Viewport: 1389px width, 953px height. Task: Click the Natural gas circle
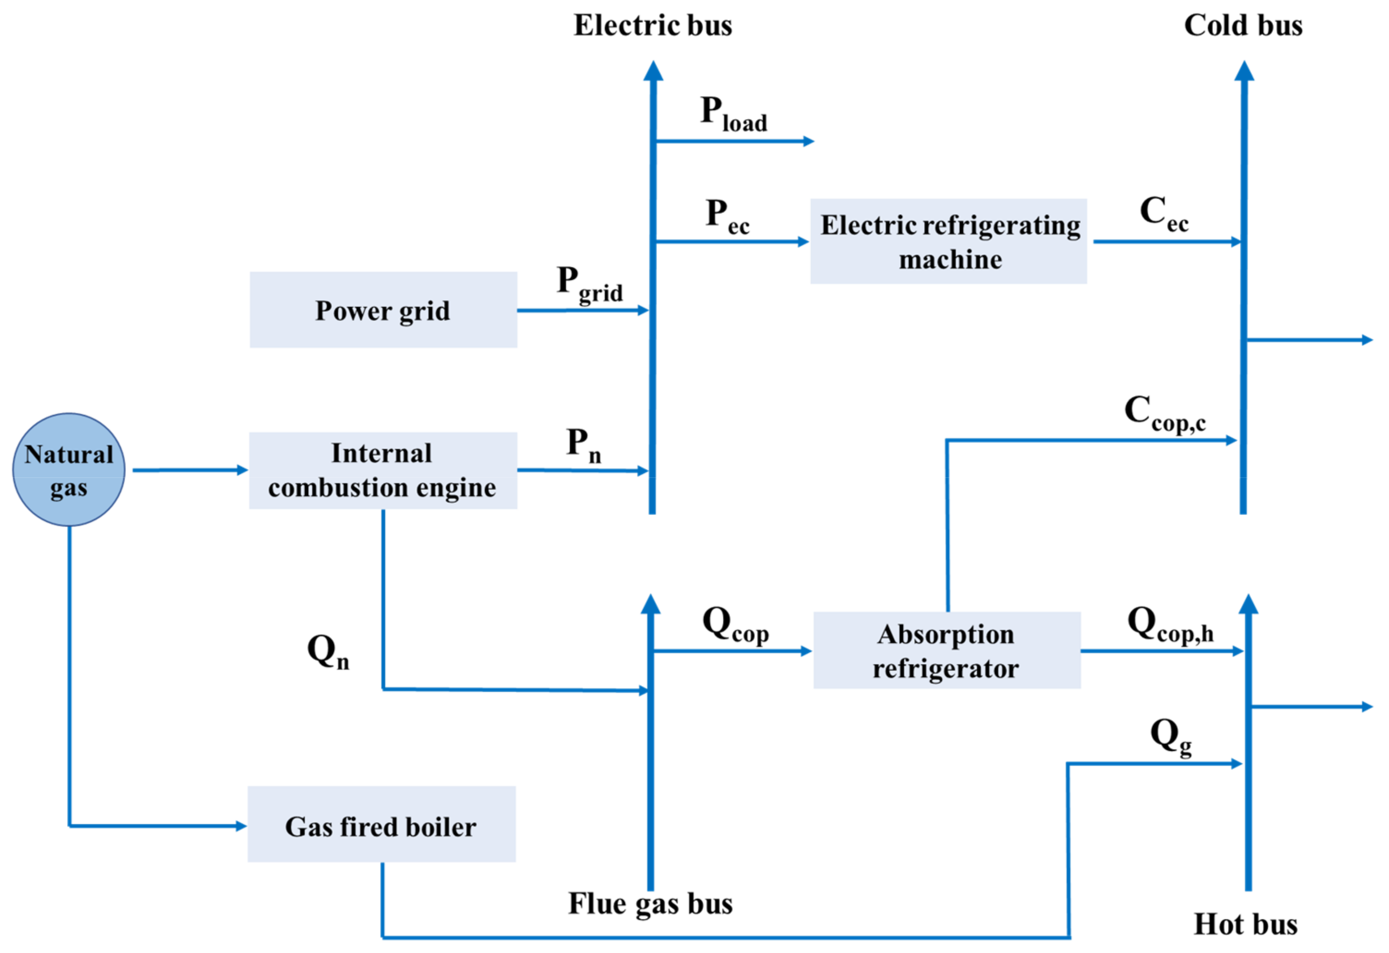pyautogui.click(x=69, y=470)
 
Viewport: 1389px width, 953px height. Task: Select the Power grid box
pyautogui.click(x=383, y=310)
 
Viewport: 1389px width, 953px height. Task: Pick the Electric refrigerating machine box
pyautogui.click(x=949, y=241)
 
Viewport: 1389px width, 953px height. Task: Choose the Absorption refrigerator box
pyautogui.click(x=947, y=651)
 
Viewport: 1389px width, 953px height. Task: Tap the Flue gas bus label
pyautogui.click(x=650, y=904)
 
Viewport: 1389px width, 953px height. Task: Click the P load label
pyautogui.click(x=733, y=114)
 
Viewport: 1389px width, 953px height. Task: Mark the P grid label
pyautogui.click(x=589, y=284)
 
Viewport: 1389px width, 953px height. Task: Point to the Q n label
pyautogui.click(x=327, y=651)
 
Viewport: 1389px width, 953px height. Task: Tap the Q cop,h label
pyautogui.click(x=1170, y=624)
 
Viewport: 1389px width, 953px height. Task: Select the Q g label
pyautogui.click(x=1170, y=736)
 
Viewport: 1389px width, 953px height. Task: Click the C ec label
pyautogui.click(x=1164, y=213)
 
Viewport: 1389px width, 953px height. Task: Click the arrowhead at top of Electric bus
pyautogui.click(x=653, y=71)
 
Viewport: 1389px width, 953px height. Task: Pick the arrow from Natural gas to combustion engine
pyautogui.click(x=189, y=470)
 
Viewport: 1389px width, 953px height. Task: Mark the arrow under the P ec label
pyautogui.click(x=732, y=241)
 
